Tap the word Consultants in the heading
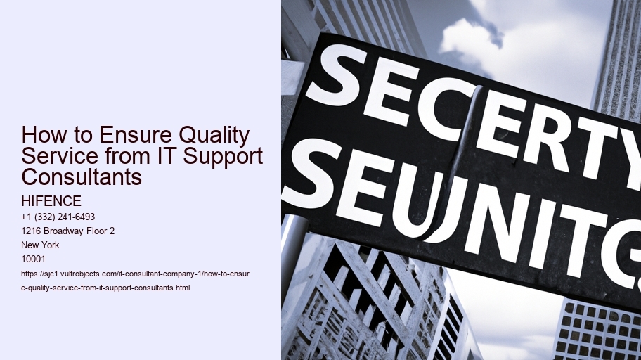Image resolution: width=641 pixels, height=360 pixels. click(x=82, y=176)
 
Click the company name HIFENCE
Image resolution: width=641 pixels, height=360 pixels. click(x=52, y=202)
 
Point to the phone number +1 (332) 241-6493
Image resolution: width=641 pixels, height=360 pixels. click(x=58, y=217)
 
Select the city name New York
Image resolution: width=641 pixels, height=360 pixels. click(x=41, y=245)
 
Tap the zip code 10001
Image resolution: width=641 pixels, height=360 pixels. click(x=34, y=259)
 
